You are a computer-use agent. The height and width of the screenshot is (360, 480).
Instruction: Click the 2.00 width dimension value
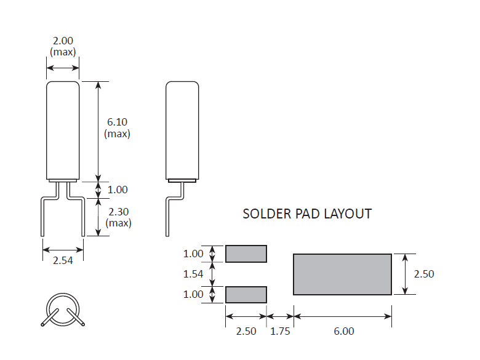(63, 41)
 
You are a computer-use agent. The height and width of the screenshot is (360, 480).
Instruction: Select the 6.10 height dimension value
(117, 122)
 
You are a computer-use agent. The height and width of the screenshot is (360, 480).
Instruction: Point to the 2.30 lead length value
(118, 212)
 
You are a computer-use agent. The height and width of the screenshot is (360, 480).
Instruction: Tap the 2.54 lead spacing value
(63, 260)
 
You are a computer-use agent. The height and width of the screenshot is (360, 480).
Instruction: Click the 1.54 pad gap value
(193, 274)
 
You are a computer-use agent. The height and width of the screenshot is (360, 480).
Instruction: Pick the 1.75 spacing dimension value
(280, 331)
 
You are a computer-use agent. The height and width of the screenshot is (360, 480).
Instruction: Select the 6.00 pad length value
(344, 331)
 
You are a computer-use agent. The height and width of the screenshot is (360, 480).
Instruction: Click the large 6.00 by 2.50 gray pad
(342, 274)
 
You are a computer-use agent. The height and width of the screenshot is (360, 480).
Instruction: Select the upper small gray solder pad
(246, 254)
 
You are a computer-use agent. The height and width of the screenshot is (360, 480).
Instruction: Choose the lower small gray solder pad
(246, 294)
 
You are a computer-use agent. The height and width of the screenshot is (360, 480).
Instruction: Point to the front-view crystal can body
(63, 129)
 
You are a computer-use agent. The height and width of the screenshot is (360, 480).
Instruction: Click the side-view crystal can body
(182, 129)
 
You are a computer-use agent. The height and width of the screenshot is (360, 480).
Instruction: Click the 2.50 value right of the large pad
(424, 274)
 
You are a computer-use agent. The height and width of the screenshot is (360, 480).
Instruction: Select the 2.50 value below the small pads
(246, 331)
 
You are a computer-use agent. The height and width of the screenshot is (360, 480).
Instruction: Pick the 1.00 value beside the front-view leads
(118, 190)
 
